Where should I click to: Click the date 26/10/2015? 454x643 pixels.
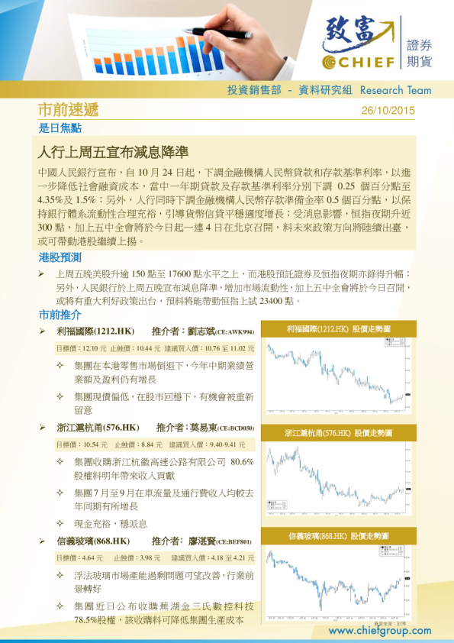click(388, 110)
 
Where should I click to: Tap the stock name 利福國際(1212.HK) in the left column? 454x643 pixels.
click(95, 331)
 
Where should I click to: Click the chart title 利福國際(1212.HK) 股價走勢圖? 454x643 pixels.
click(339, 328)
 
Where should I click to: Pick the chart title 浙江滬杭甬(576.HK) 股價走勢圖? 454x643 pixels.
click(339, 433)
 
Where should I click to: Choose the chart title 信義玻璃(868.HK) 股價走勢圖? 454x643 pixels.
click(339, 536)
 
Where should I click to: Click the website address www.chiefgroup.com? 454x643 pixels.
click(379, 631)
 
